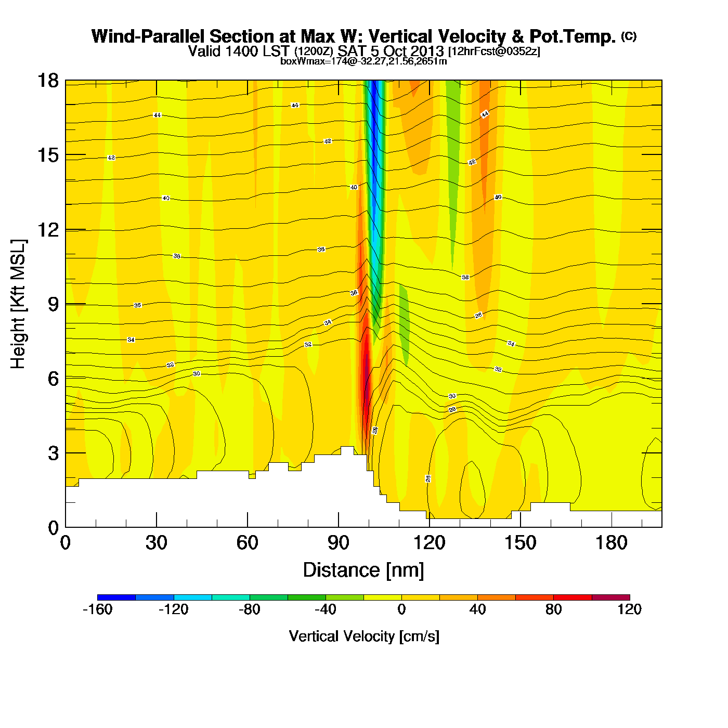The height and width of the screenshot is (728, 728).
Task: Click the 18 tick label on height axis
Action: click(x=48, y=81)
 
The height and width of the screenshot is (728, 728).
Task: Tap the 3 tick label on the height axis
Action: click(x=54, y=453)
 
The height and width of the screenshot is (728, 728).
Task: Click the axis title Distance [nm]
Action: click(x=363, y=570)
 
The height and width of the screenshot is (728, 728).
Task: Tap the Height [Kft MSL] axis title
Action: click(x=18, y=304)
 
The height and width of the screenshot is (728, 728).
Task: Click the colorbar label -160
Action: click(x=98, y=609)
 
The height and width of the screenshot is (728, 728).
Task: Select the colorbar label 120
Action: click(x=629, y=609)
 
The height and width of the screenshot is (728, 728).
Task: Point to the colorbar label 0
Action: click(x=401, y=609)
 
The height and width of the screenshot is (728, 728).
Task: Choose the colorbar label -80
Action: click(x=250, y=609)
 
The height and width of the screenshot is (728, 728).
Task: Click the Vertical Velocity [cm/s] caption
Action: click(x=364, y=636)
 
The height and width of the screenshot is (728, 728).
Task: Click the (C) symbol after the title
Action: click(x=628, y=36)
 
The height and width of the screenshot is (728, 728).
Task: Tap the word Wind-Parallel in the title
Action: click(x=149, y=36)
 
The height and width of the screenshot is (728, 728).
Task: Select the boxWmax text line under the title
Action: click(x=363, y=61)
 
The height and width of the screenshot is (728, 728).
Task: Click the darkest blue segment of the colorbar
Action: click(x=116, y=597)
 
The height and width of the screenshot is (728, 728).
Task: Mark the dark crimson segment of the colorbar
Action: click(x=610, y=597)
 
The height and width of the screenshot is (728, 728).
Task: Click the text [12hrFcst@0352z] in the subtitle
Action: click(x=494, y=51)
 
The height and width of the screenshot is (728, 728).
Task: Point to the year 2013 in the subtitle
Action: click(x=426, y=51)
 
